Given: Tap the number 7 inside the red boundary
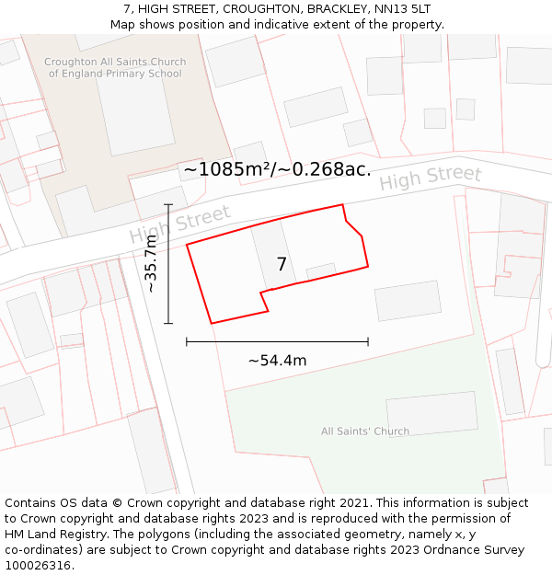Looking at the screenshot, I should click(x=282, y=264).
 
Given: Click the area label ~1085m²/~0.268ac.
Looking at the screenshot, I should click(x=277, y=169).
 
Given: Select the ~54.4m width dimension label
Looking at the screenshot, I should click(x=277, y=361).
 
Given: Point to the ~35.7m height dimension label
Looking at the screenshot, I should click(x=151, y=264).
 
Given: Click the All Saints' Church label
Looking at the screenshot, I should click(x=365, y=431).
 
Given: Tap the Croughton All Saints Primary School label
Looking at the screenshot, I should click(x=115, y=68).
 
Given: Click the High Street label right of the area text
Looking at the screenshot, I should click(x=431, y=178).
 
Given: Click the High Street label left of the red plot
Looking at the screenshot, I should click(x=179, y=224).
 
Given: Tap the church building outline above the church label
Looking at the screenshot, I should click(x=431, y=412).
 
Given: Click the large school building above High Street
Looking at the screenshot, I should click(x=134, y=110).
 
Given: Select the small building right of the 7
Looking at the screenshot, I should click(x=321, y=271).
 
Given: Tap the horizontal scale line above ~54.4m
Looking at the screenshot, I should click(x=277, y=341).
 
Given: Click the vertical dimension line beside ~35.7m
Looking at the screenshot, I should click(x=168, y=264).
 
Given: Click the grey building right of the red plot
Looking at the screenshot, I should click(x=408, y=301).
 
